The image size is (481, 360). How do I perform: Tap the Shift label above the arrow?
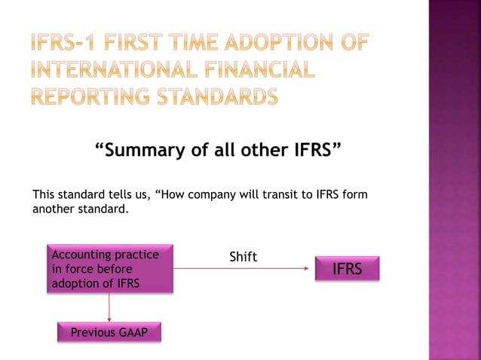coord(243,258)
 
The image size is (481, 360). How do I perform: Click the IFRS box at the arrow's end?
coord(347,269)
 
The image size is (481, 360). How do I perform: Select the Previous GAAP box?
coord(109,333)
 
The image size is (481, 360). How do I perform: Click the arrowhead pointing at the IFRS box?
coord(310,268)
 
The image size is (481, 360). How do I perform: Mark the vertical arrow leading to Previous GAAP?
coord(110,306)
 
